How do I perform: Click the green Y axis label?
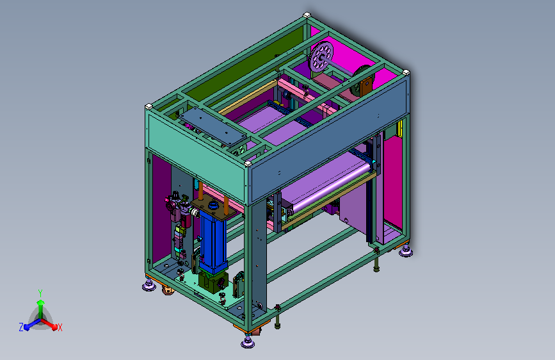[40, 293]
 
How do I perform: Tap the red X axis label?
[60, 328]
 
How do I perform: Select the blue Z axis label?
[21, 327]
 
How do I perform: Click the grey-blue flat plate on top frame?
[213, 126]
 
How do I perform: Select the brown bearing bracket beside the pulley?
[367, 86]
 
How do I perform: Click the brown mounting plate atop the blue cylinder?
[213, 209]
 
